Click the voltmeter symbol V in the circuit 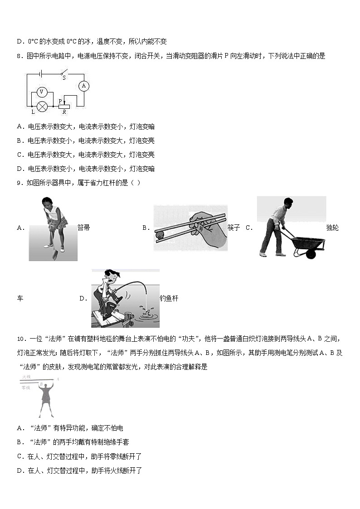click(41, 92)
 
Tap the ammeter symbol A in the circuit click(83, 86)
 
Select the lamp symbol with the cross click(42, 106)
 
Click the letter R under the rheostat click(64, 111)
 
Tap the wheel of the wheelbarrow click(311, 254)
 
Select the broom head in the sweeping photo click(54, 256)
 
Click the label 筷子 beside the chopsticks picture click(234, 228)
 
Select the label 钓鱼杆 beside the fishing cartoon click(169, 298)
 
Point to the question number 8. click(19, 56)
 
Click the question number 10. click(21, 339)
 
